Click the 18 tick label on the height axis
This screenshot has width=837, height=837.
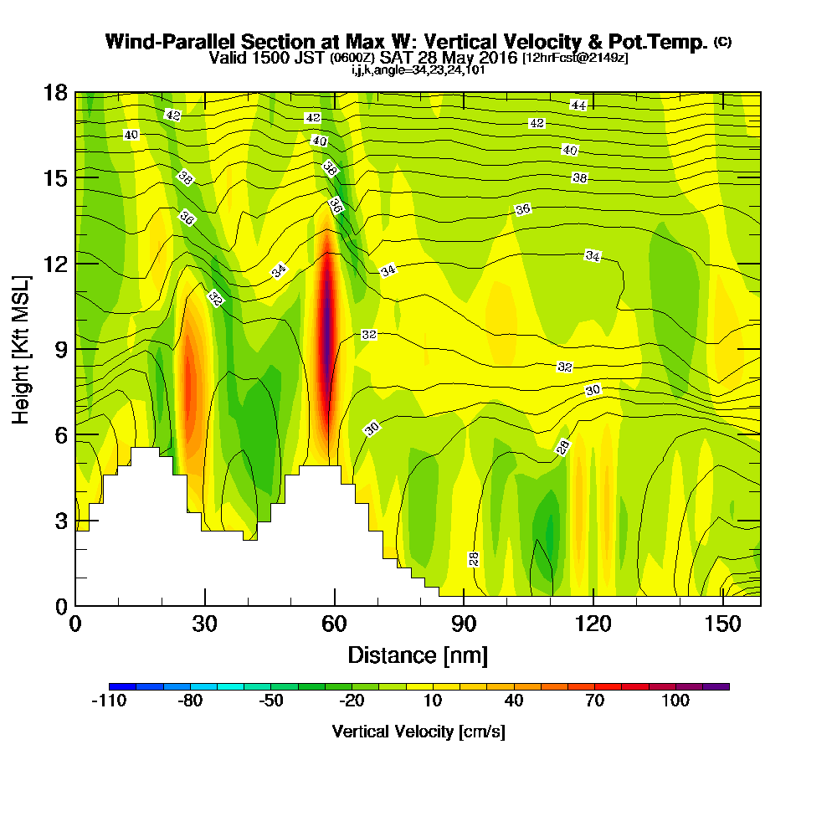55,92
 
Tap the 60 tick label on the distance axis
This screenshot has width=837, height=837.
334,624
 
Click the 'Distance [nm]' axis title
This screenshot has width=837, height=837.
418,654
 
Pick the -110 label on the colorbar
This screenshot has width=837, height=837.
108,701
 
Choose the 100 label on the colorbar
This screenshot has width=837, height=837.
675,701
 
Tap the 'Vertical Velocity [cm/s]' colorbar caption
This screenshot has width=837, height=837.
418,732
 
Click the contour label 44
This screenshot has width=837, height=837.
578,105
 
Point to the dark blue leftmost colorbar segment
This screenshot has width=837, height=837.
116,686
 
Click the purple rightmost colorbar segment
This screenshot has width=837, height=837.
721,686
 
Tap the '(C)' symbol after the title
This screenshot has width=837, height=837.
722,42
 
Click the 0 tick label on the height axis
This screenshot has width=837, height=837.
61,605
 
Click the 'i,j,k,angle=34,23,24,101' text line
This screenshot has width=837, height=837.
418,70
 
